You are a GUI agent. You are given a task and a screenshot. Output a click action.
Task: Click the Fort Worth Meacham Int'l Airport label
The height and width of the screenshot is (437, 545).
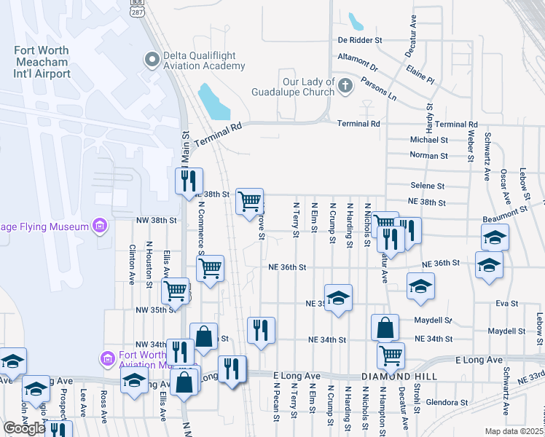(42, 62)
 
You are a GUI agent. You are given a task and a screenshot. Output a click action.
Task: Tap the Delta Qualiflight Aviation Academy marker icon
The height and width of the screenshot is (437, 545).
(152, 58)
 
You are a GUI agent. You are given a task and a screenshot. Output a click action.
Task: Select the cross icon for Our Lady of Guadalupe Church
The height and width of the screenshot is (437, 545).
(345, 87)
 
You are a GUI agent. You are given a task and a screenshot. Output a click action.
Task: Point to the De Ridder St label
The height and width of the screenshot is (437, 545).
(360, 39)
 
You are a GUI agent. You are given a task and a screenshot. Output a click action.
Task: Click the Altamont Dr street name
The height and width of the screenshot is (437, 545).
(357, 56)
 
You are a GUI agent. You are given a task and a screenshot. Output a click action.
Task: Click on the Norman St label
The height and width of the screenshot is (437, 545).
(428, 156)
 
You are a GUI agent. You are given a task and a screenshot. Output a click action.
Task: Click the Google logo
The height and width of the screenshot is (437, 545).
(24, 428)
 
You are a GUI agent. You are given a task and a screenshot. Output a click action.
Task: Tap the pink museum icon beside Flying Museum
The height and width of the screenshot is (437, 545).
(101, 227)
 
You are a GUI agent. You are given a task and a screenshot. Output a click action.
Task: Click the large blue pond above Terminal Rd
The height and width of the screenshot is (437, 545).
(213, 103)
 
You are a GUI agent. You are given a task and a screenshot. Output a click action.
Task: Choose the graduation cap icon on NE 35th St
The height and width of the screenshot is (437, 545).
(338, 298)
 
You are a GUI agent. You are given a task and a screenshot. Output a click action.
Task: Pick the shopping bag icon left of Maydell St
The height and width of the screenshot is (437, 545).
(385, 328)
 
